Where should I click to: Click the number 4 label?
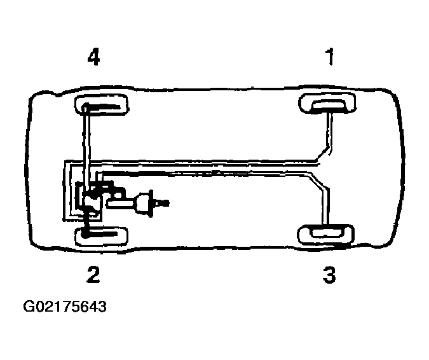point(93,57)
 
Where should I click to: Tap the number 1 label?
point(330,57)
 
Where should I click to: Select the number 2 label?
point(93,275)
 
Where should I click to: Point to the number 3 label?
point(329,275)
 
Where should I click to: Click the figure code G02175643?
point(65,307)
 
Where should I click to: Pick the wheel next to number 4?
point(102,105)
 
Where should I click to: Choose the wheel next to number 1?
point(327,104)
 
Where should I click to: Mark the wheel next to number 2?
point(102,236)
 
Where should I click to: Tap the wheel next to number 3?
point(325,234)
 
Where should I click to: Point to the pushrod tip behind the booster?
point(164,203)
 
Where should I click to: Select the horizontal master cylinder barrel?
point(121,204)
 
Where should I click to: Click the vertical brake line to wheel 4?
point(86,148)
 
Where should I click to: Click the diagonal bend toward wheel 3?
point(319,181)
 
